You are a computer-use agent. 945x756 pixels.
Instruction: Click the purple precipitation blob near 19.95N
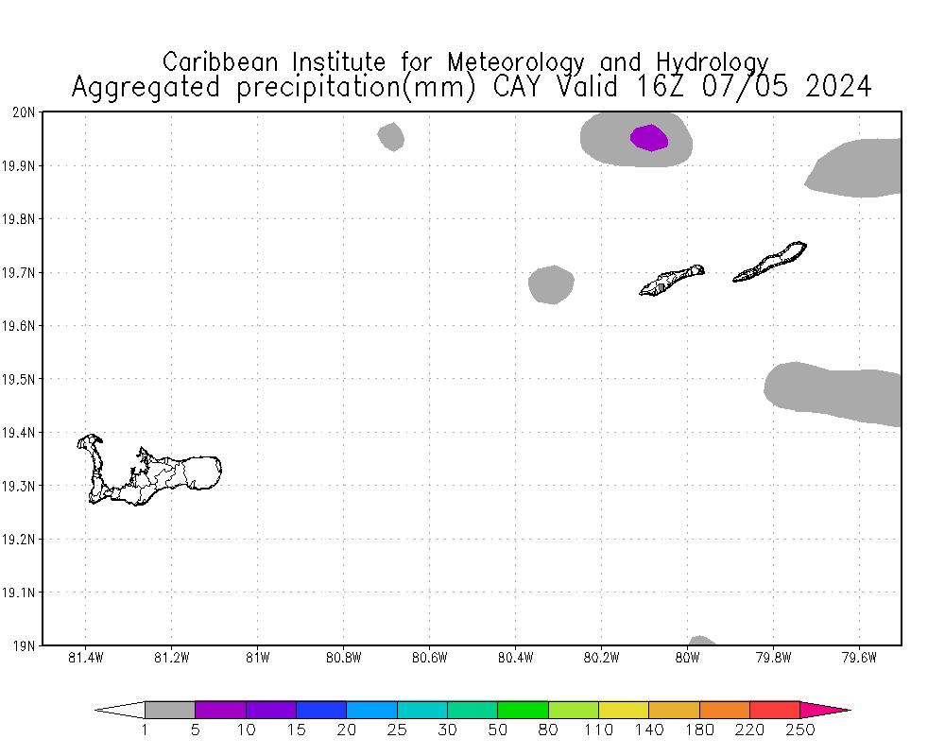649,138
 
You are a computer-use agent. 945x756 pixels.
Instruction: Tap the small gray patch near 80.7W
391,137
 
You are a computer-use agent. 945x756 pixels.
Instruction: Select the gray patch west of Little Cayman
551,284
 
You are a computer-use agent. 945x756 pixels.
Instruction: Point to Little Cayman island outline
671,280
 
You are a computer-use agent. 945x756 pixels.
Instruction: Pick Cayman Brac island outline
769,263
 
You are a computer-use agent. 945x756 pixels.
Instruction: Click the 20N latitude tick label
24,112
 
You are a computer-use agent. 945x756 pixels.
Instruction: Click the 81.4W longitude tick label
86,659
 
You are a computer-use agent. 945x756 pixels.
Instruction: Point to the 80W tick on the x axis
687,659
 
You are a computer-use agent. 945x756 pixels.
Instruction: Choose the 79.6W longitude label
859,659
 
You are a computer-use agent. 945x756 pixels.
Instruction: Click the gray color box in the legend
170,710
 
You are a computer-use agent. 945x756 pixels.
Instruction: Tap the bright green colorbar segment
523,710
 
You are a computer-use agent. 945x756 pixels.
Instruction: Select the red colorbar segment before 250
775,710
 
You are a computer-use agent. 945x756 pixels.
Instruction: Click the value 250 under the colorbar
800,730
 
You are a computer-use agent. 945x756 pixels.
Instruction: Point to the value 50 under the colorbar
498,730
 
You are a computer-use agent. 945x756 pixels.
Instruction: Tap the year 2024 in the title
838,87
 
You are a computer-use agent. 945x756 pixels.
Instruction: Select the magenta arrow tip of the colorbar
827,710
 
